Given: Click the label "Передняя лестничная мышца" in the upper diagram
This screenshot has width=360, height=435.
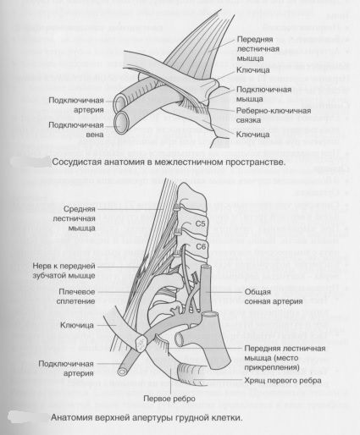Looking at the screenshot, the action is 258,48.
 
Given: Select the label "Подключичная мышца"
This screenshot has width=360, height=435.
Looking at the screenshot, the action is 263,94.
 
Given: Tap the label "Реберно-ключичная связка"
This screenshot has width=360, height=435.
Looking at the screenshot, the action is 274,115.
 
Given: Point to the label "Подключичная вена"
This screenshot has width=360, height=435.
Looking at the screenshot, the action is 76,129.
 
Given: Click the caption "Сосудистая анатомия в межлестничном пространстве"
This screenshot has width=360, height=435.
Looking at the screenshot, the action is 169,162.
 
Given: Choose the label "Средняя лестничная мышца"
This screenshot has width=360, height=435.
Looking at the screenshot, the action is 78,218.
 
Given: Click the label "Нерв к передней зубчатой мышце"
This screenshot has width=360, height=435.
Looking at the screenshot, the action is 64,271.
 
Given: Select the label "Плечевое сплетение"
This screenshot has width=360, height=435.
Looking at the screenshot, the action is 75,296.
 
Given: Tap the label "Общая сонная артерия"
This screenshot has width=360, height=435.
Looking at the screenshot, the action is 274,296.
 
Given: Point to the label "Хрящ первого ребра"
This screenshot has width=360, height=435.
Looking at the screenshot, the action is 283,381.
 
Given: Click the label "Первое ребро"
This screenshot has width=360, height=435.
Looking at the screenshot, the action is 169,399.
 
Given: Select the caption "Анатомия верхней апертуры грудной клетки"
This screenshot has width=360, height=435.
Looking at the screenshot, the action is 147,417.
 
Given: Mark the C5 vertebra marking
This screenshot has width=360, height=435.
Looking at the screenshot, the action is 200,223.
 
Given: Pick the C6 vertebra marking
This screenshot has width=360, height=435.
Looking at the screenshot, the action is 201,246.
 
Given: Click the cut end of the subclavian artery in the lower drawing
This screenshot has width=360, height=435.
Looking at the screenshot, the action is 122,372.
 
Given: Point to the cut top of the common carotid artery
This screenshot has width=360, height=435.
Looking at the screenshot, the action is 206,267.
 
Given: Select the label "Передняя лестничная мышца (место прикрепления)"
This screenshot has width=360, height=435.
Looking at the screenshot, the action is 285,358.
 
